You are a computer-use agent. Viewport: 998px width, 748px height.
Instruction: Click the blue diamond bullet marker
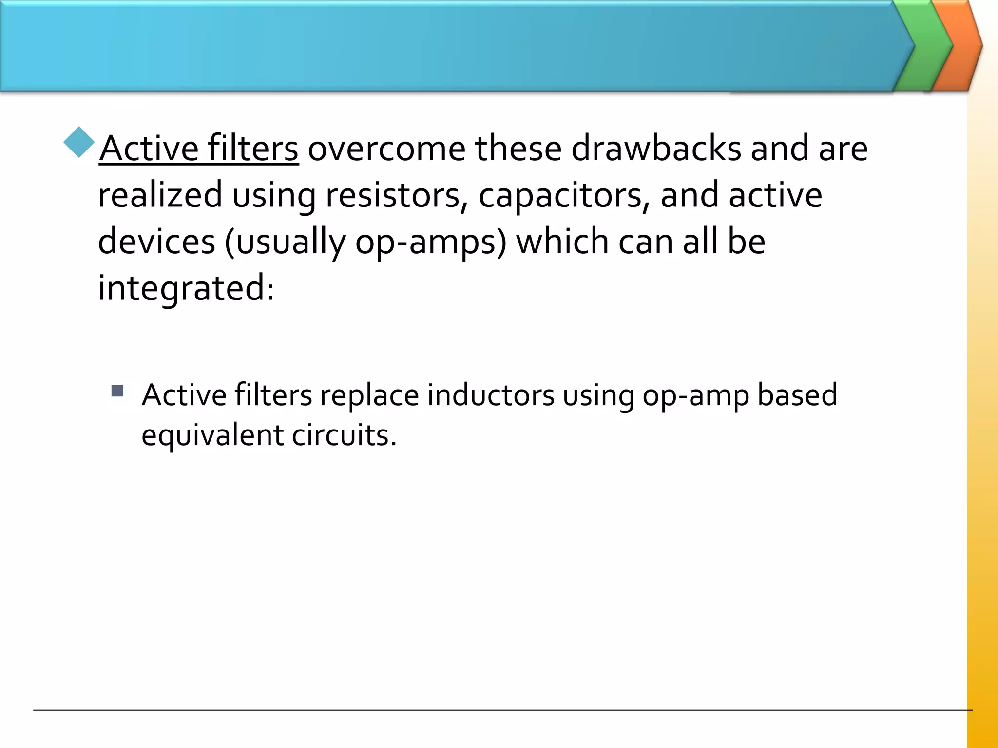[78, 142]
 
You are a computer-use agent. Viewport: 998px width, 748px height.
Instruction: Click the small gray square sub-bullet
[117, 391]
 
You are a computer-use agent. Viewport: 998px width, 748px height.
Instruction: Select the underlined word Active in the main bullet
[149, 149]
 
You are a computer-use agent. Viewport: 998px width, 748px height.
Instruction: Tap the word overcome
[386, 149]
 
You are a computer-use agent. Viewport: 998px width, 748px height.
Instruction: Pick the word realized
[160, 195]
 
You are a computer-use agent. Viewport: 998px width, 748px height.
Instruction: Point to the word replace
[369, 395]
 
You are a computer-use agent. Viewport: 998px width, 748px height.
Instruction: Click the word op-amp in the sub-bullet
[695, 395]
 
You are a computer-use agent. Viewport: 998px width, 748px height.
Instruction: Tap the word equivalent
[212, 435]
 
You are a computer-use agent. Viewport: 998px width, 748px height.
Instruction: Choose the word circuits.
[344, 435]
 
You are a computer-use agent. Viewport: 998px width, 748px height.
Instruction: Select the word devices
[156, 242]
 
